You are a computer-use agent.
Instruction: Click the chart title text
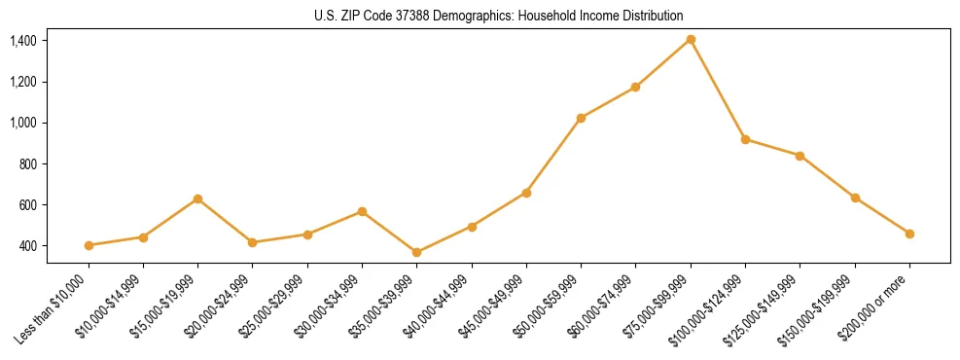[499, 16]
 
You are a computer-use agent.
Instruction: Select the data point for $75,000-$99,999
[691, 39]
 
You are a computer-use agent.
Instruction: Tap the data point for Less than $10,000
[89, 245]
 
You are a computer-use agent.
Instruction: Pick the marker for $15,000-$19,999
[197, 198]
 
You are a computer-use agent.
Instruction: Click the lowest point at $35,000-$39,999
[362, 252]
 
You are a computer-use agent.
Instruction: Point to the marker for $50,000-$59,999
[581, 118]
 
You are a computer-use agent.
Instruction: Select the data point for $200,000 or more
[909, 234]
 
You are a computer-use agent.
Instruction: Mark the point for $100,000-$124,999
[745, 139]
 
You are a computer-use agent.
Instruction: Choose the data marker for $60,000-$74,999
[635, 87]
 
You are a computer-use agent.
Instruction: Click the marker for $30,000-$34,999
[362, 211]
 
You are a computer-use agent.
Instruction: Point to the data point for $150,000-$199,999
[855, 198]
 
